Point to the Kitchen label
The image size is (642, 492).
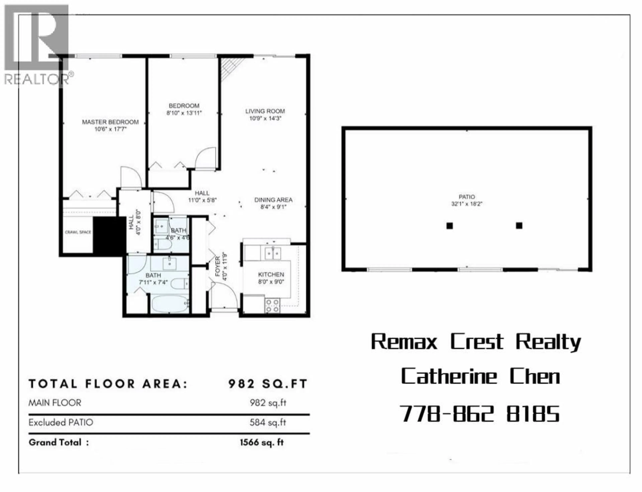tap(271, 275)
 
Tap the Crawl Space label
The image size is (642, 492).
tap(78, 232)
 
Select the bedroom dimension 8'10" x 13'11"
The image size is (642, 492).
tap(184, 113)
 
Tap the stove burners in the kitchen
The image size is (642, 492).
tap(272, 306)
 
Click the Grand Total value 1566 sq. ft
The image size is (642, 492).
tap(262, 442)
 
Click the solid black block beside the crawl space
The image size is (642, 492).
tap(109, 236)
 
